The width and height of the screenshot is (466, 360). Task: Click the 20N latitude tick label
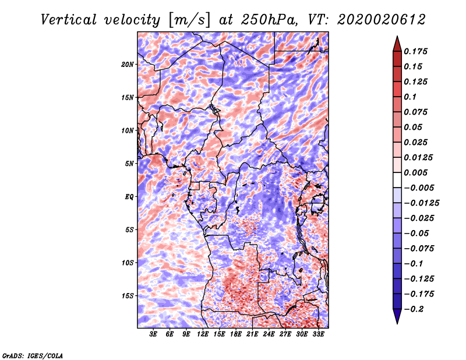[128, 64]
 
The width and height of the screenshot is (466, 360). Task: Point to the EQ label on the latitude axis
[129, 197]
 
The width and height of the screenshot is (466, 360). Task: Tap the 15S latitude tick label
[128, 296]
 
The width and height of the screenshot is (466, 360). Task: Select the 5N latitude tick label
[129, 164]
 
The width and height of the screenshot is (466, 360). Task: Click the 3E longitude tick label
[154, 335]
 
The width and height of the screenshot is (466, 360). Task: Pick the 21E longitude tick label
[252, 335]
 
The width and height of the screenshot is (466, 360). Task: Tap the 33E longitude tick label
[318, 335]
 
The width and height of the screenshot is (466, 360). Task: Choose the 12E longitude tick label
[203, 335]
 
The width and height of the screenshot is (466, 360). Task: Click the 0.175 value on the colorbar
[417, 51]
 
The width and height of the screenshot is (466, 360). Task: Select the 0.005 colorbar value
[417, 173]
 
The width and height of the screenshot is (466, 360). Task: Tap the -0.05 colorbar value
[417, 234]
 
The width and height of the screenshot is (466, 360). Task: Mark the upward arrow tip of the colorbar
[396, 37]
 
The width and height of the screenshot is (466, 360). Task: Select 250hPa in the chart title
[260, 19]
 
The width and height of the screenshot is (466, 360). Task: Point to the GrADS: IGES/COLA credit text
[33, 355]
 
